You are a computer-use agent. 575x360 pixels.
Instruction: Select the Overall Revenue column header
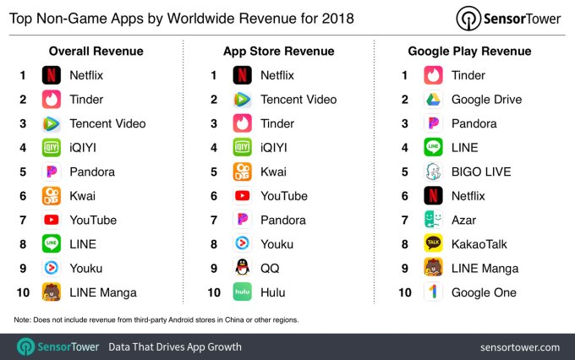pos(96,52)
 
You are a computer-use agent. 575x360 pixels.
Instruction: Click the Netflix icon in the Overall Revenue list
pos(52,75)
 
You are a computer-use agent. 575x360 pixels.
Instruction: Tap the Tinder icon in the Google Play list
pos(434,75)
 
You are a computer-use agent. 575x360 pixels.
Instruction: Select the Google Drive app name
pos(486,100)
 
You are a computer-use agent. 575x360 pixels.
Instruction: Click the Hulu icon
pos(243,292)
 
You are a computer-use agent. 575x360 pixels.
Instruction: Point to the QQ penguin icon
pos(243,269)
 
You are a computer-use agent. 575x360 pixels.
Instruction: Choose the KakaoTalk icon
pos(434,244)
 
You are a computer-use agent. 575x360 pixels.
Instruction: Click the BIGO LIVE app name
pos(481,172)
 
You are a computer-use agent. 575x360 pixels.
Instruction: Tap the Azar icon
pos(434,220)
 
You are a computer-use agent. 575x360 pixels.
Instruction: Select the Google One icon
pos(434,292)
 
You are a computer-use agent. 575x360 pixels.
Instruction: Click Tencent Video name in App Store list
pos(298,100)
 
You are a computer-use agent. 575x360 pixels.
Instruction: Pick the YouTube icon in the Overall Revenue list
pos(52,220)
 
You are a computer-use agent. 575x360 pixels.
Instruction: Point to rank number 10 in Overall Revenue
pos(23,292)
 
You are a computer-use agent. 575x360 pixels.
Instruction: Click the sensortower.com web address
pos(519,346)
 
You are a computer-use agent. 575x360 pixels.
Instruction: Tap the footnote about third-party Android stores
pos(156,319)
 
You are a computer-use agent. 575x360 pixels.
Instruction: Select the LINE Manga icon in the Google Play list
pos(434,269)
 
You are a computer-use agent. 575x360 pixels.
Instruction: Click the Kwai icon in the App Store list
pos(243,172)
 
